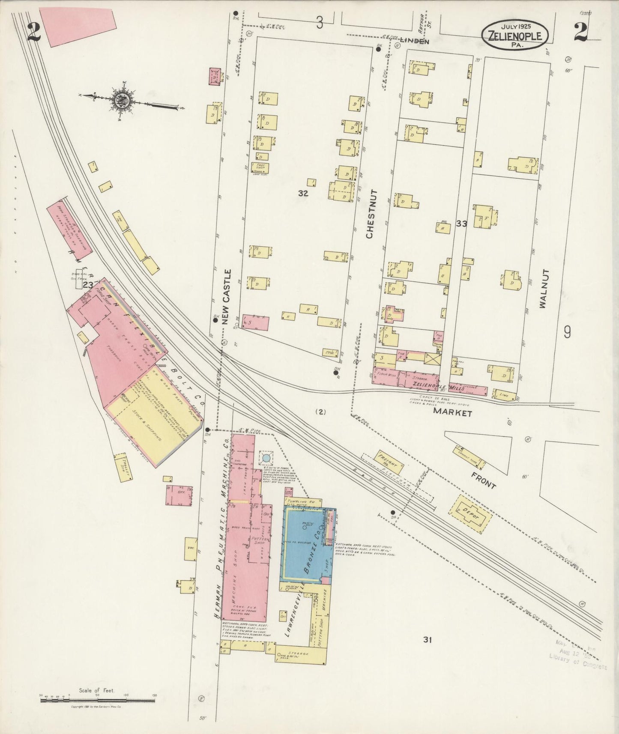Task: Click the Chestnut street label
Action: (370, 214)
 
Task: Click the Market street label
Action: (452, 413)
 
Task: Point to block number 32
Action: (303, 193)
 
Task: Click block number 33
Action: (461, 224)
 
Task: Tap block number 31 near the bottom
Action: (427, 640)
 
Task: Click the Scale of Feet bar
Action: (97, 701)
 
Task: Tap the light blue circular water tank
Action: (266, 458)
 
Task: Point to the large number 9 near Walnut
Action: (568, 332)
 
